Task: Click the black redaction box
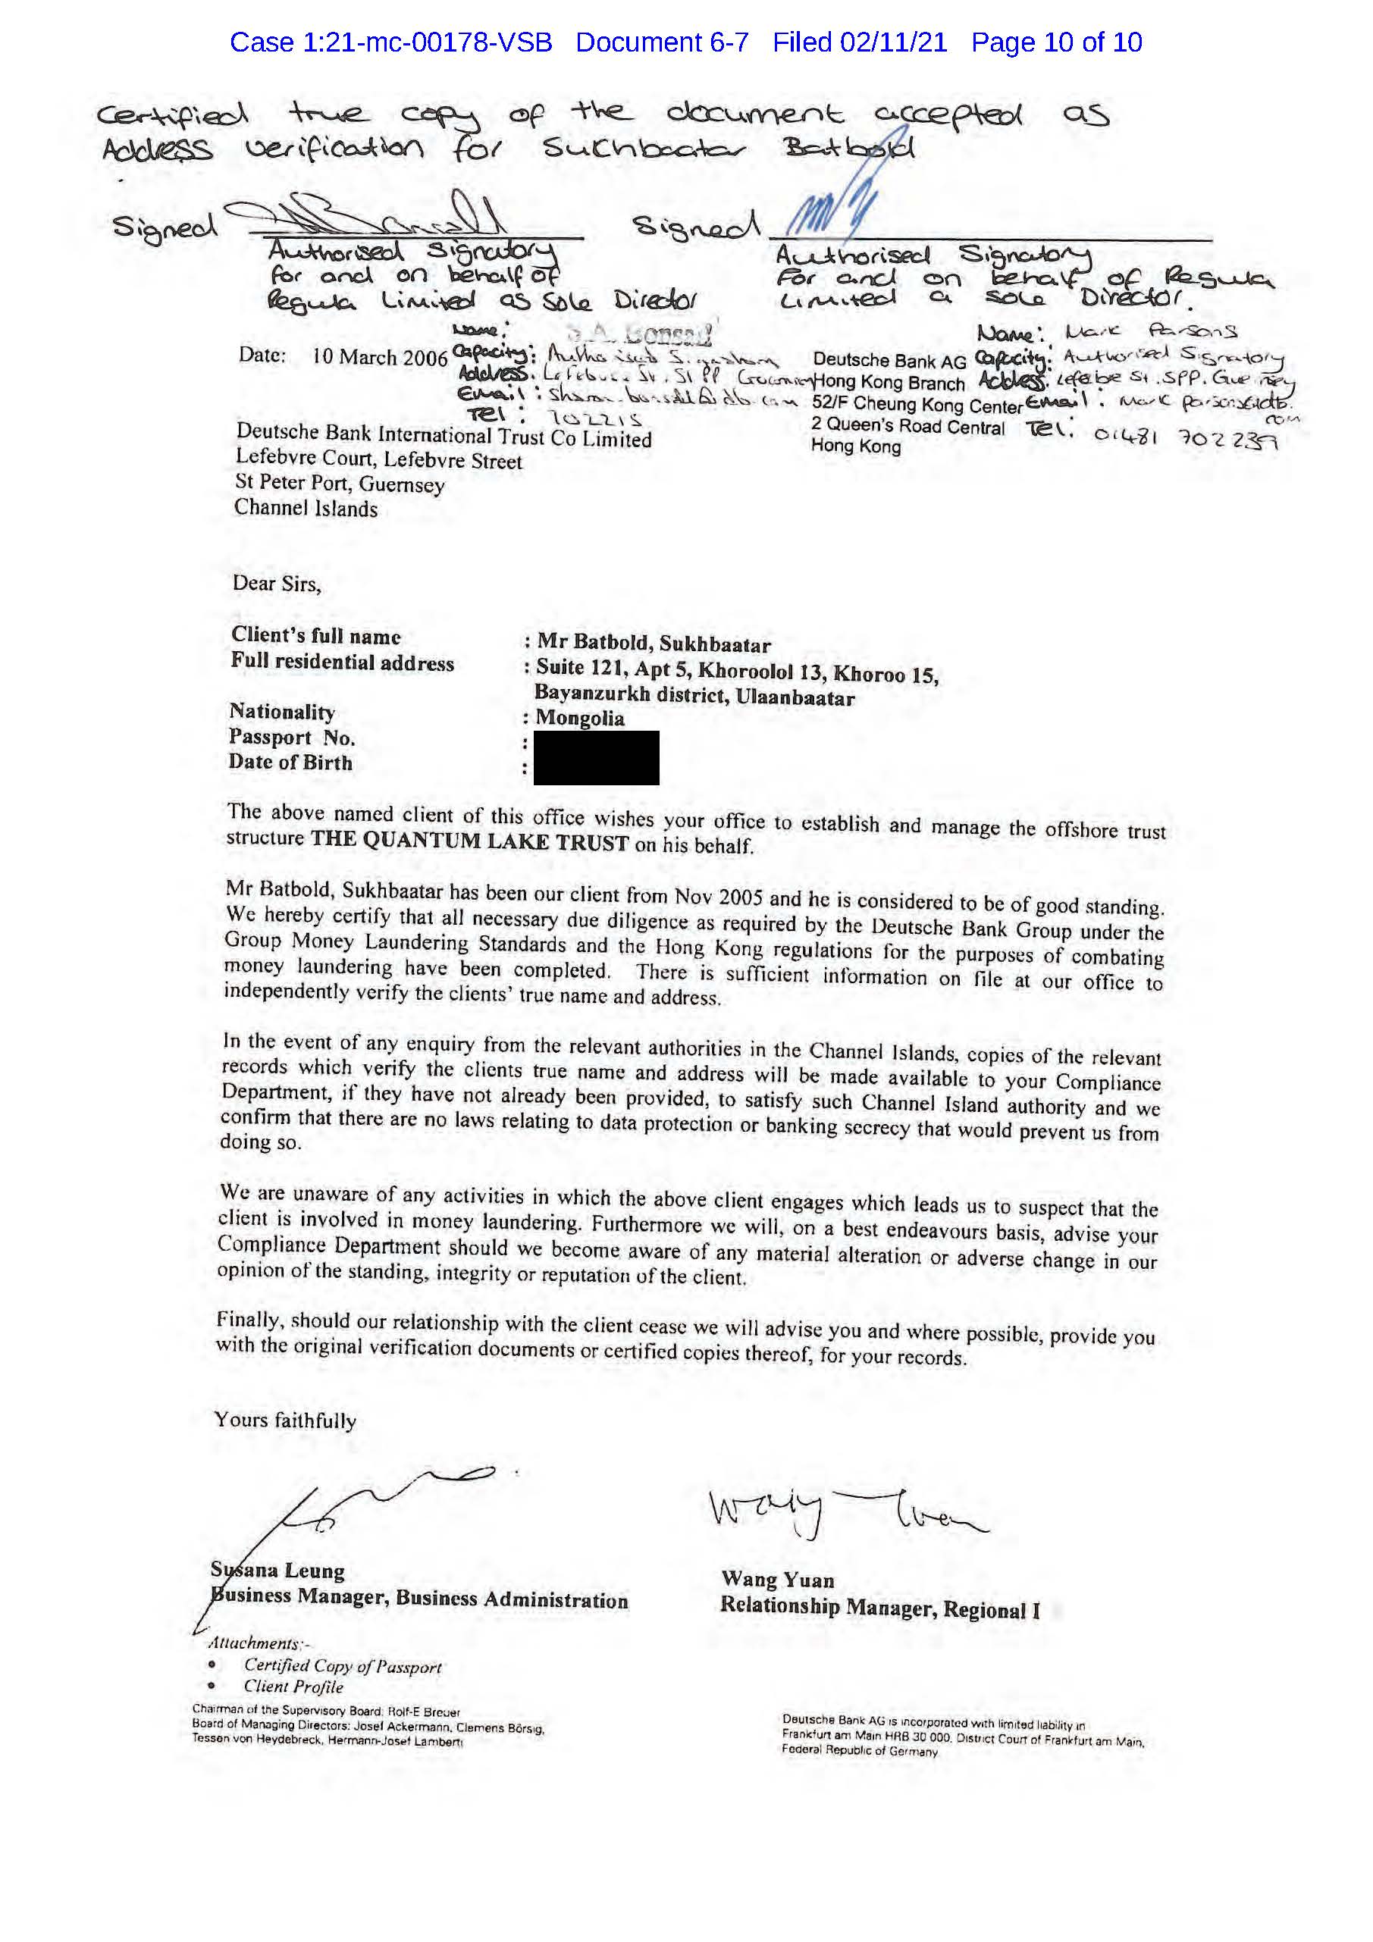click(x=597, y=757)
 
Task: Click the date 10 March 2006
click(x=380, y=356)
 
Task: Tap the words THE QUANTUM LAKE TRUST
click(x=469, y=841)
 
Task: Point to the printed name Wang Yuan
click(x=777, y=1579)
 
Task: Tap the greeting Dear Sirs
click(x=277, y=583)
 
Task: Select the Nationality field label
click(x=282, y=713)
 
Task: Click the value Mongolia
click(x=579, y=718)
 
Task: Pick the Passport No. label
click(x=292, y=738)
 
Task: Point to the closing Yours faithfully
click(x=285, y=1420)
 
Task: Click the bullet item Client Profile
click(x=293, y=1686)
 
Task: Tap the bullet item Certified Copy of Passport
click(x=343, y=1665)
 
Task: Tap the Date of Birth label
click(x=290, y=763)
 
